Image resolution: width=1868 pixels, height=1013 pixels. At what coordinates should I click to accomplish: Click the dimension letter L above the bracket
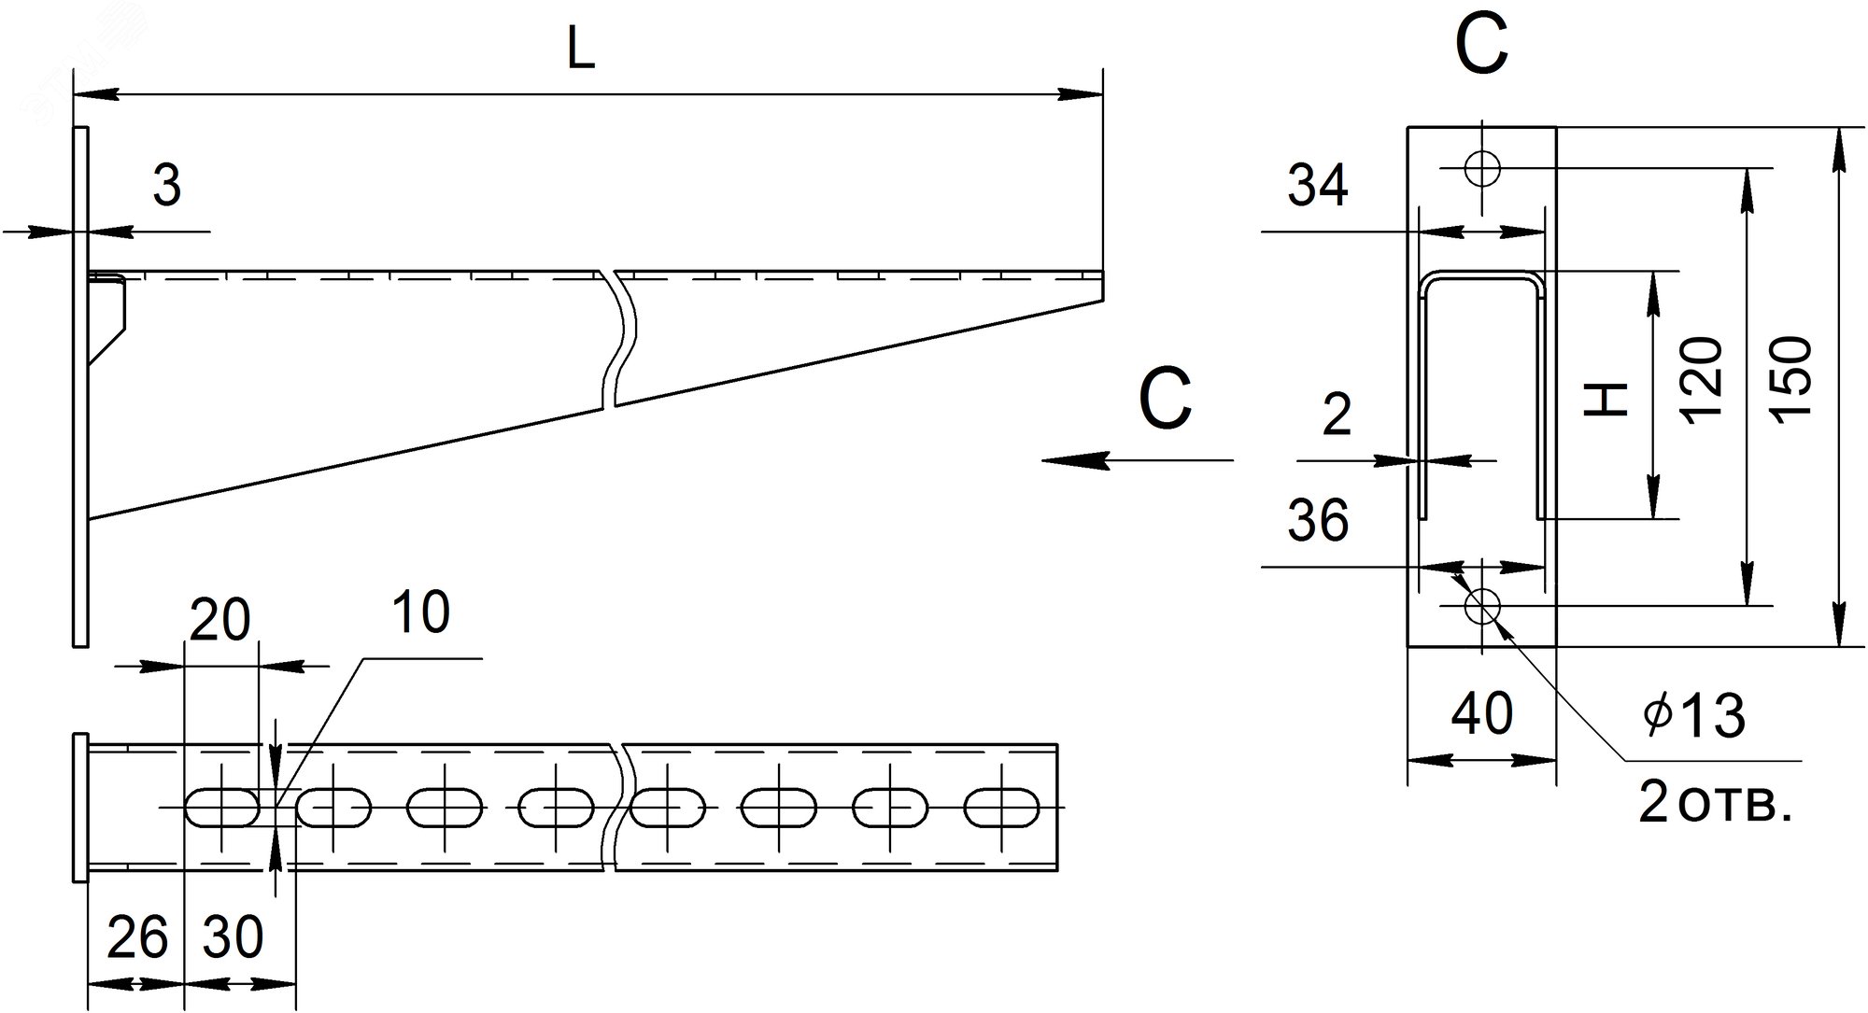(581, 52)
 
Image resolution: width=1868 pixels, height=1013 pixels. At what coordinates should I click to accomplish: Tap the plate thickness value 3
(166, 188)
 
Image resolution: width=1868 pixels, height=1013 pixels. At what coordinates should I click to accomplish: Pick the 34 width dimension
(1318, 187)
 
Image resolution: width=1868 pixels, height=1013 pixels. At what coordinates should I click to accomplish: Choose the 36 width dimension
(1318, 521)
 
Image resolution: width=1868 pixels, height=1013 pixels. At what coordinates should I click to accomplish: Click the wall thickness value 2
(1337, 415)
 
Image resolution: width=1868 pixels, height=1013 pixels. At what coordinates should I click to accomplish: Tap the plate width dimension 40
(1483, 714)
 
